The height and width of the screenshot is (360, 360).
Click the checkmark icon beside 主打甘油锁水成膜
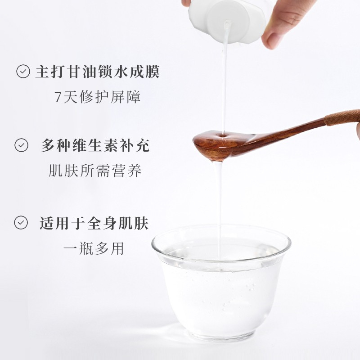[x=23, y=72]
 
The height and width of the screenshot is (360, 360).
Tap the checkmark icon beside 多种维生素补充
[x=21, y=145]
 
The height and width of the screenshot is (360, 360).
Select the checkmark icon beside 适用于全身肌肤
[x=21, y=222]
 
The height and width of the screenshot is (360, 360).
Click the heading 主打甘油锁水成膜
[x=97, y=72]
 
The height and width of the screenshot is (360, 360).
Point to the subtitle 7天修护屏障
[x=98, y=97]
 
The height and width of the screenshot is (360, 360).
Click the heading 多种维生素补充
[x=95, y=145]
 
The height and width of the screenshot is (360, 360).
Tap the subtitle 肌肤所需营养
[x=95, y=171]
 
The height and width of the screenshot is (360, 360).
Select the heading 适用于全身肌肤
[x=94, y=223]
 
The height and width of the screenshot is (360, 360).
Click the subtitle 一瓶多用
[x=94, y=248]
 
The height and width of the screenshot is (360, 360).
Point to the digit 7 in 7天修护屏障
[x=58, y=97]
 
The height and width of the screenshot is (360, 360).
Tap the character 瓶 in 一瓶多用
[x=86, y=248]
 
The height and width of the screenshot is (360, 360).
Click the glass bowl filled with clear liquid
[x=221, y=282]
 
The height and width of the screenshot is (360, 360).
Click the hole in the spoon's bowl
[x=222, y=136]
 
